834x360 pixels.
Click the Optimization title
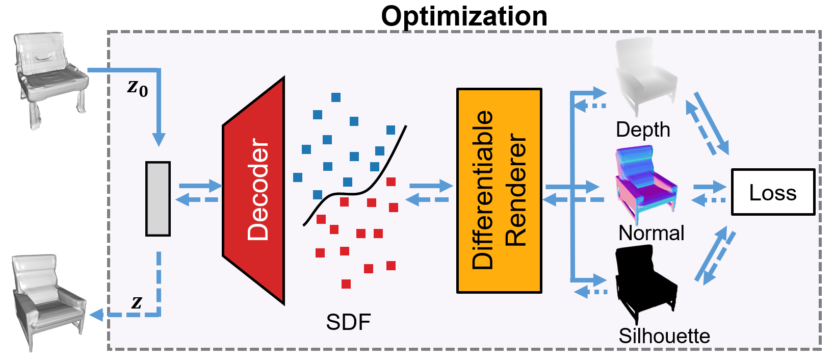pyautogui.click(x=464, y=16)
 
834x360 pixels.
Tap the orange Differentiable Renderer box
pyautogui.click(x=499, y=190)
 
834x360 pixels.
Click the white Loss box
pyautogui.click(x=772, y=192)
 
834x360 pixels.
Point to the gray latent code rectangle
pyautogui.click(x=158, y=198)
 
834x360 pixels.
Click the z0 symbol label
pyautogui.click(x=137, y=88)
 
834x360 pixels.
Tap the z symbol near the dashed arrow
pyautogui.click(x=136, y=302)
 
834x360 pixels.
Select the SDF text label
pyautogui.click(x=348, y=322)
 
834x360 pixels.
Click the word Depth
pyautogui.click(x=642, y=130)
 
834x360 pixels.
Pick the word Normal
pyautogui.click(x=651, y=233)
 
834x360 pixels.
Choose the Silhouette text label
pyautogui.click(x=664, y=336)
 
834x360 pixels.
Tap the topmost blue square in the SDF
pyautogui.click(x=335, y=97)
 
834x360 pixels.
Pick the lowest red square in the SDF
pyautogui.click(x=346, y=284)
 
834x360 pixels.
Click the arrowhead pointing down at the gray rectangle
pyautogui.click(x=159, y=139)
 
